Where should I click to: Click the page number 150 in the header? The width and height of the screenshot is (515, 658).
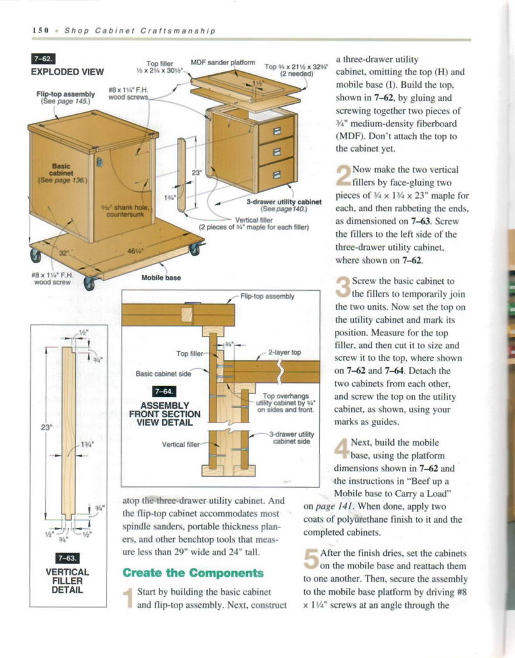[x=40, y=30]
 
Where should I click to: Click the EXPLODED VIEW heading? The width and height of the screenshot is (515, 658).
[x=67, y=71]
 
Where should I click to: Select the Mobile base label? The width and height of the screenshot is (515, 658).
[x=161, y=277]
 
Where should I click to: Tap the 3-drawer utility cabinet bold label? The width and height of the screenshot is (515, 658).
[x=284, y=202]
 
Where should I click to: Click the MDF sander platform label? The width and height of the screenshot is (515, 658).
[x=226, y=62]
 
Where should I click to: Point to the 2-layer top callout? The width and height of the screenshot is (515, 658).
[x=285, y=352]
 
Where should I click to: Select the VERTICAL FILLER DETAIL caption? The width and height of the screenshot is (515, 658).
[x=67, y=581]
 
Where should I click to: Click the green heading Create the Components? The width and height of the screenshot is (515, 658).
[x=193, y=573]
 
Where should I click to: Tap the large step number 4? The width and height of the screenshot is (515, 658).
[x=342, y=449]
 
